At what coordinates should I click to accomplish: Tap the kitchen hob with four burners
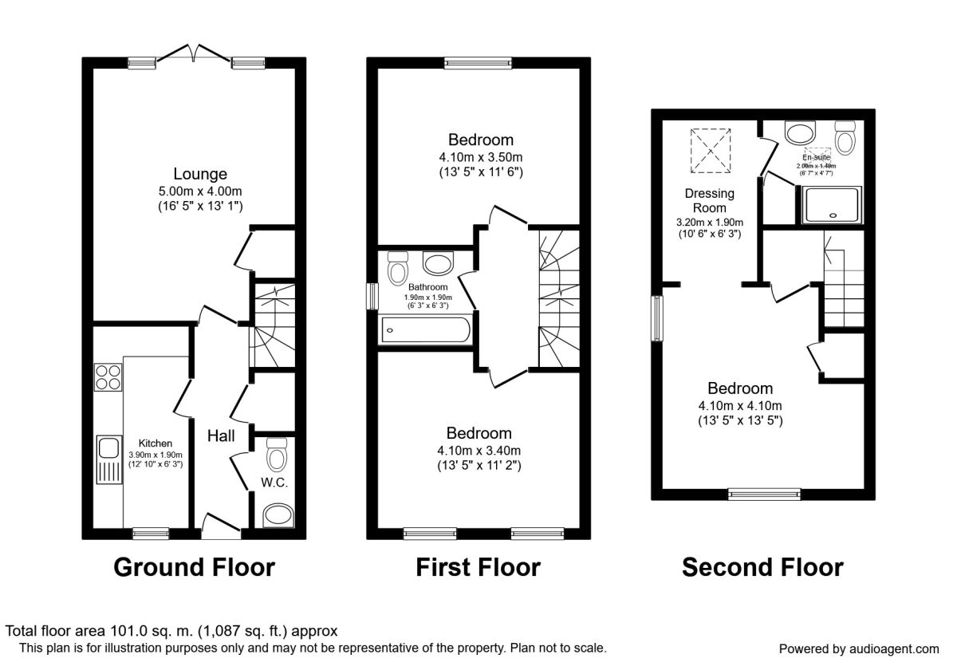coord(107,376)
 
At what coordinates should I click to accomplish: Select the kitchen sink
coord(107,460)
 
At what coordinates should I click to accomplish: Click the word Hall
coord(221,436)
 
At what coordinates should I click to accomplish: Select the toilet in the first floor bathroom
coord(397,268)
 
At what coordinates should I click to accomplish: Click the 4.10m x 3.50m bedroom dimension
coord(480,157)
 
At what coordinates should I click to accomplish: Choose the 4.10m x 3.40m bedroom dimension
coord(478,451)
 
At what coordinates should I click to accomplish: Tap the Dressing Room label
coord(709,201)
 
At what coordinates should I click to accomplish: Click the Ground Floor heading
coord(194,567)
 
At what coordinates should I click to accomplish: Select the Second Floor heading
coord(762,567)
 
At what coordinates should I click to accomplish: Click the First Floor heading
coord(478,567)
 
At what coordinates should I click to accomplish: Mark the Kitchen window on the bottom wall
coord(150,534)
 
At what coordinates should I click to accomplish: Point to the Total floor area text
coord(172,630)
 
